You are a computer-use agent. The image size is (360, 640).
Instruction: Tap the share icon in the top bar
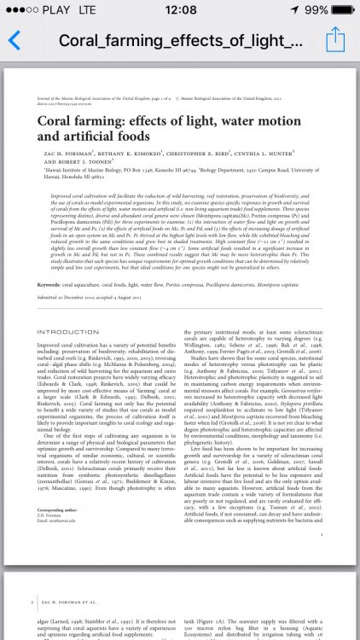(x=335, y=38)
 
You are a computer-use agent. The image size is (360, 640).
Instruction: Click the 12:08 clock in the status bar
(x=180, y=9)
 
